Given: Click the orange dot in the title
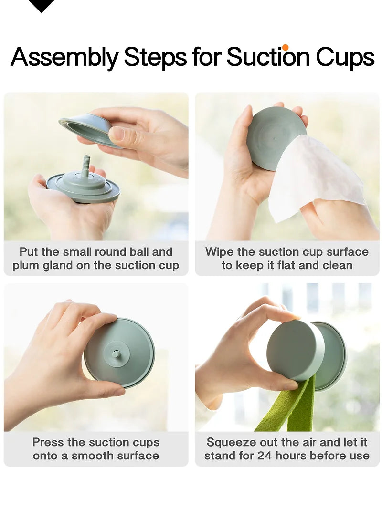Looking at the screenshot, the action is [x=286, y=47].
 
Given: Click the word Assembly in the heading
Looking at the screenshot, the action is [x=64, y=57].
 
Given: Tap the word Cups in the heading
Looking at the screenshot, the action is [x=345, y=57].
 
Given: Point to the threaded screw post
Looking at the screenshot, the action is [x=86, y=166].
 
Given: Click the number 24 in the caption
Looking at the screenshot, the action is [x=265, y=456].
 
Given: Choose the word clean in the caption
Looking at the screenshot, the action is [x=337, y=266].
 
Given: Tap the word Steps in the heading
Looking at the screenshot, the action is [x=155, y=57].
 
